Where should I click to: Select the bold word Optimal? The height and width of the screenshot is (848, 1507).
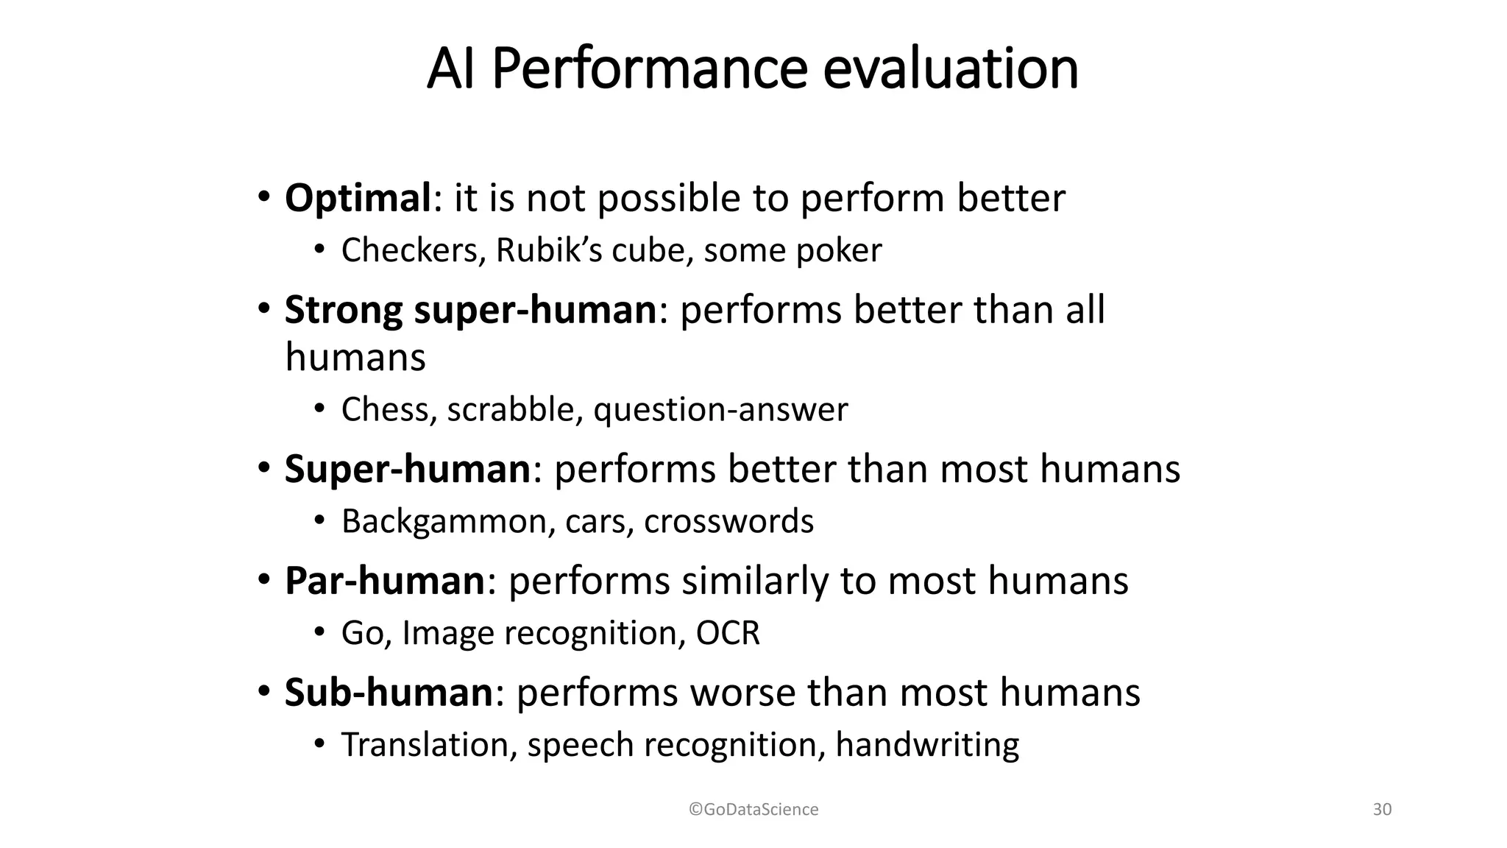click(x=358, y=199)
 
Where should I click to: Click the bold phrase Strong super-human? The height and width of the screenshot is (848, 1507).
click(x=470, y=310)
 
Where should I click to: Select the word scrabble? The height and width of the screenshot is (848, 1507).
click(x=509, y=410)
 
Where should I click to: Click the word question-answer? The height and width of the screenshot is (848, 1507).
click(x=720, y=410)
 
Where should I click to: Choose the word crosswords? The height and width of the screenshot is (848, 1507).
click(x=728, y=522)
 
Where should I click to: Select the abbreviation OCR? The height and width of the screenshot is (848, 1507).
click(x=727, y=633)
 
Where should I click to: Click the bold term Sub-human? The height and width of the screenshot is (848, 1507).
click(x=389, y=693)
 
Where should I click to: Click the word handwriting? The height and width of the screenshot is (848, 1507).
click(x=927, y=745)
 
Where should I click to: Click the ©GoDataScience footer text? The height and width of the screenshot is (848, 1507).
click(x=753, y=810)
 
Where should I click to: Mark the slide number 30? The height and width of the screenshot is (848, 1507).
click(x=1382, y=810)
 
